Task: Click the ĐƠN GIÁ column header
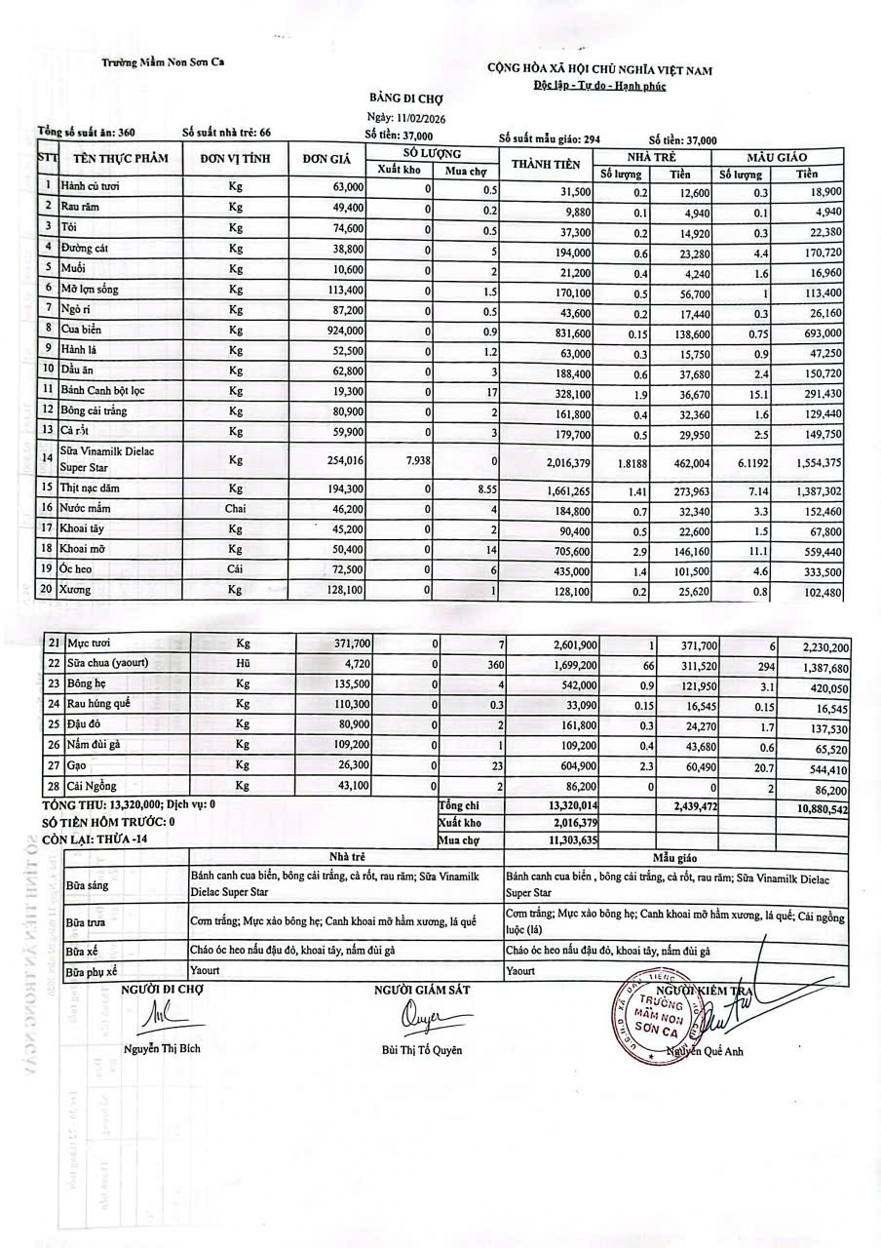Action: click(326, 159)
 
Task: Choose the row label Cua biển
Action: click(83, 331)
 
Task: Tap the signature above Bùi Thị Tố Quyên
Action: click(422, 1018)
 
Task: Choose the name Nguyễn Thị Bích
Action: click(163, 1049)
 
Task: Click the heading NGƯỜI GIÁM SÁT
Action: click(422, 991)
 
